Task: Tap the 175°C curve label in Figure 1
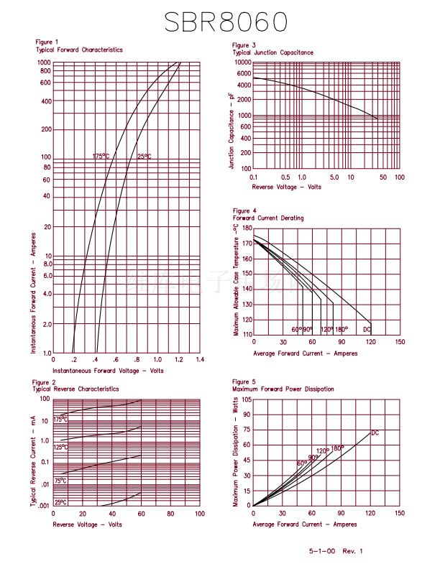click(x=101, y=156)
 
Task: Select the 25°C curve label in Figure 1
click(x=144, y=156)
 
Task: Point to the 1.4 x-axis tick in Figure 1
click(x=199, y=358)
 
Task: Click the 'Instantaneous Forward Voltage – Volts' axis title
click(x=108, y=370)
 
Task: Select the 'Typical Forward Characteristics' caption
click(x=79, y=50)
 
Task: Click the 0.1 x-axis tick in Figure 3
click(x=254, y=177)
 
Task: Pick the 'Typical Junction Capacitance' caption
click(x=272, y=52)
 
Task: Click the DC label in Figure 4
click(x=367, y=329)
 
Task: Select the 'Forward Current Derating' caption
click(x=267, y=218)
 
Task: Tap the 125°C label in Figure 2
click(x=61, y=447)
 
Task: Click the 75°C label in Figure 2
click(x=60, y=481)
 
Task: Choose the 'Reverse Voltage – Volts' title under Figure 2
click(x=87, y=524)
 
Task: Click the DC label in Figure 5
click(x=375, y=432)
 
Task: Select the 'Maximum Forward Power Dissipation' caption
click(x=283, y=389)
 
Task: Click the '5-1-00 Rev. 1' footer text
click(x=336, y=551)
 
